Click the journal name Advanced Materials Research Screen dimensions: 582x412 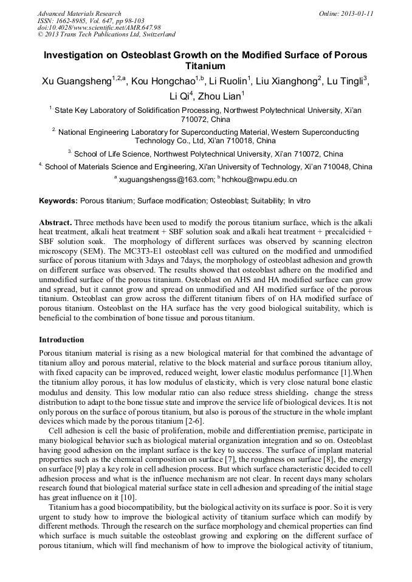tap(80, 13)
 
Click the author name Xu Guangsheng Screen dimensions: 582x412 tap(76, 82)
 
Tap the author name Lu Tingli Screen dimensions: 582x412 tap(345, 82)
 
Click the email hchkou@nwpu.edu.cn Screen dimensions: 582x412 tap(259, 180)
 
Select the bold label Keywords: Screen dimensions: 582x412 tap(58, 200)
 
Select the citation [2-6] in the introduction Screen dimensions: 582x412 tap(193, 422)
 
